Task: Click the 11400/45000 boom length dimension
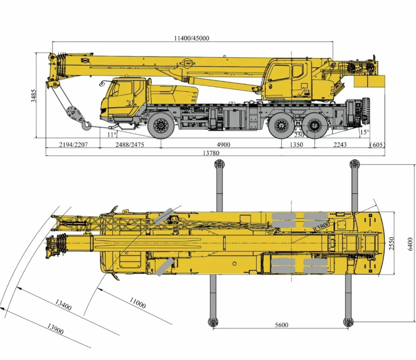pyautogui.click(x=191, y=38)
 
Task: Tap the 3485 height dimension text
pyautogui.click(x=34, y=95)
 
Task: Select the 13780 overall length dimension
pyautogui.click(x=211, y=153)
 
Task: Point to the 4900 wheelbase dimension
pyautogui.click(x=224, y=145)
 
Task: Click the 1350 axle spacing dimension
pyautogui.click(x=296, y=145)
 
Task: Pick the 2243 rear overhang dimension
pyautogui.click(x=340, y=145)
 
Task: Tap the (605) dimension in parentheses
pyautogui.click(x=377, y=145)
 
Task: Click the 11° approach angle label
pyautogui.click(x=112, y=135)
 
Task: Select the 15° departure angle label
pyautogui.click(x=364, y=132)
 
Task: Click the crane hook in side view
pyautogui.click(x=86, y=125)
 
